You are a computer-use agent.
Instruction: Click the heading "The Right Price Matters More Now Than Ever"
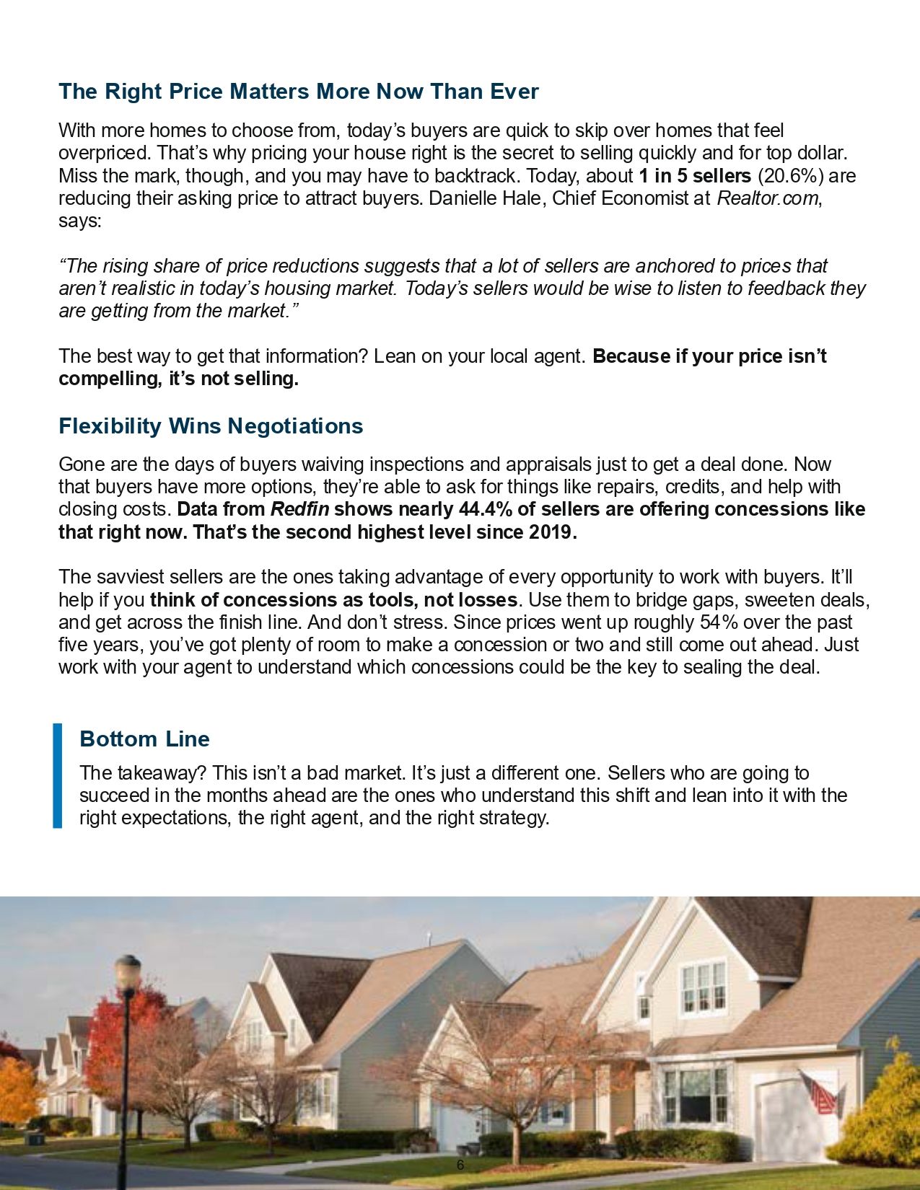(x=298, y=92)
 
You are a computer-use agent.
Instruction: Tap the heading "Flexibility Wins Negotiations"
(x=211, y=426)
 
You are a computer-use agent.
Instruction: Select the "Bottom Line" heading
(x=144, y=739)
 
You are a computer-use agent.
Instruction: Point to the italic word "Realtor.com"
(x=768, y=198)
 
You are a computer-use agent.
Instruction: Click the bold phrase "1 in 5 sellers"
(x=695, y=176)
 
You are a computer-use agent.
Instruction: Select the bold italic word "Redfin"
(x=299, y=509)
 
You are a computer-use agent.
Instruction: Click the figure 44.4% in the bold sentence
(x=485, y=509)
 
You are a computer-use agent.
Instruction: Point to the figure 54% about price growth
(x=717, y=622)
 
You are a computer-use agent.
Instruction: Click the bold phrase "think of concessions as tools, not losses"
(x=333, y=599)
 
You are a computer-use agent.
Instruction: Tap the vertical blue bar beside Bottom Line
(x=58, y=775)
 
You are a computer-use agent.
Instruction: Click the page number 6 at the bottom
(x=460, y=1165)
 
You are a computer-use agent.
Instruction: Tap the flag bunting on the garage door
(x=820, y=1093)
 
